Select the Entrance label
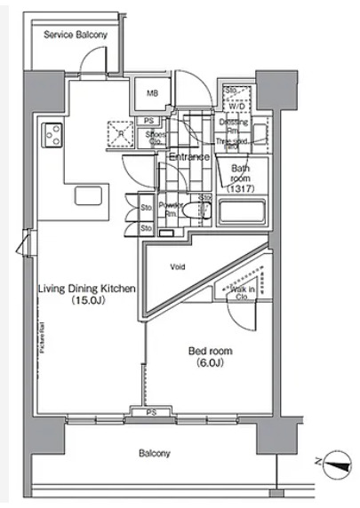pos(188,157)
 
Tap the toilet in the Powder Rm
pos(202,211)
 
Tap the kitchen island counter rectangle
pos(90,195)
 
